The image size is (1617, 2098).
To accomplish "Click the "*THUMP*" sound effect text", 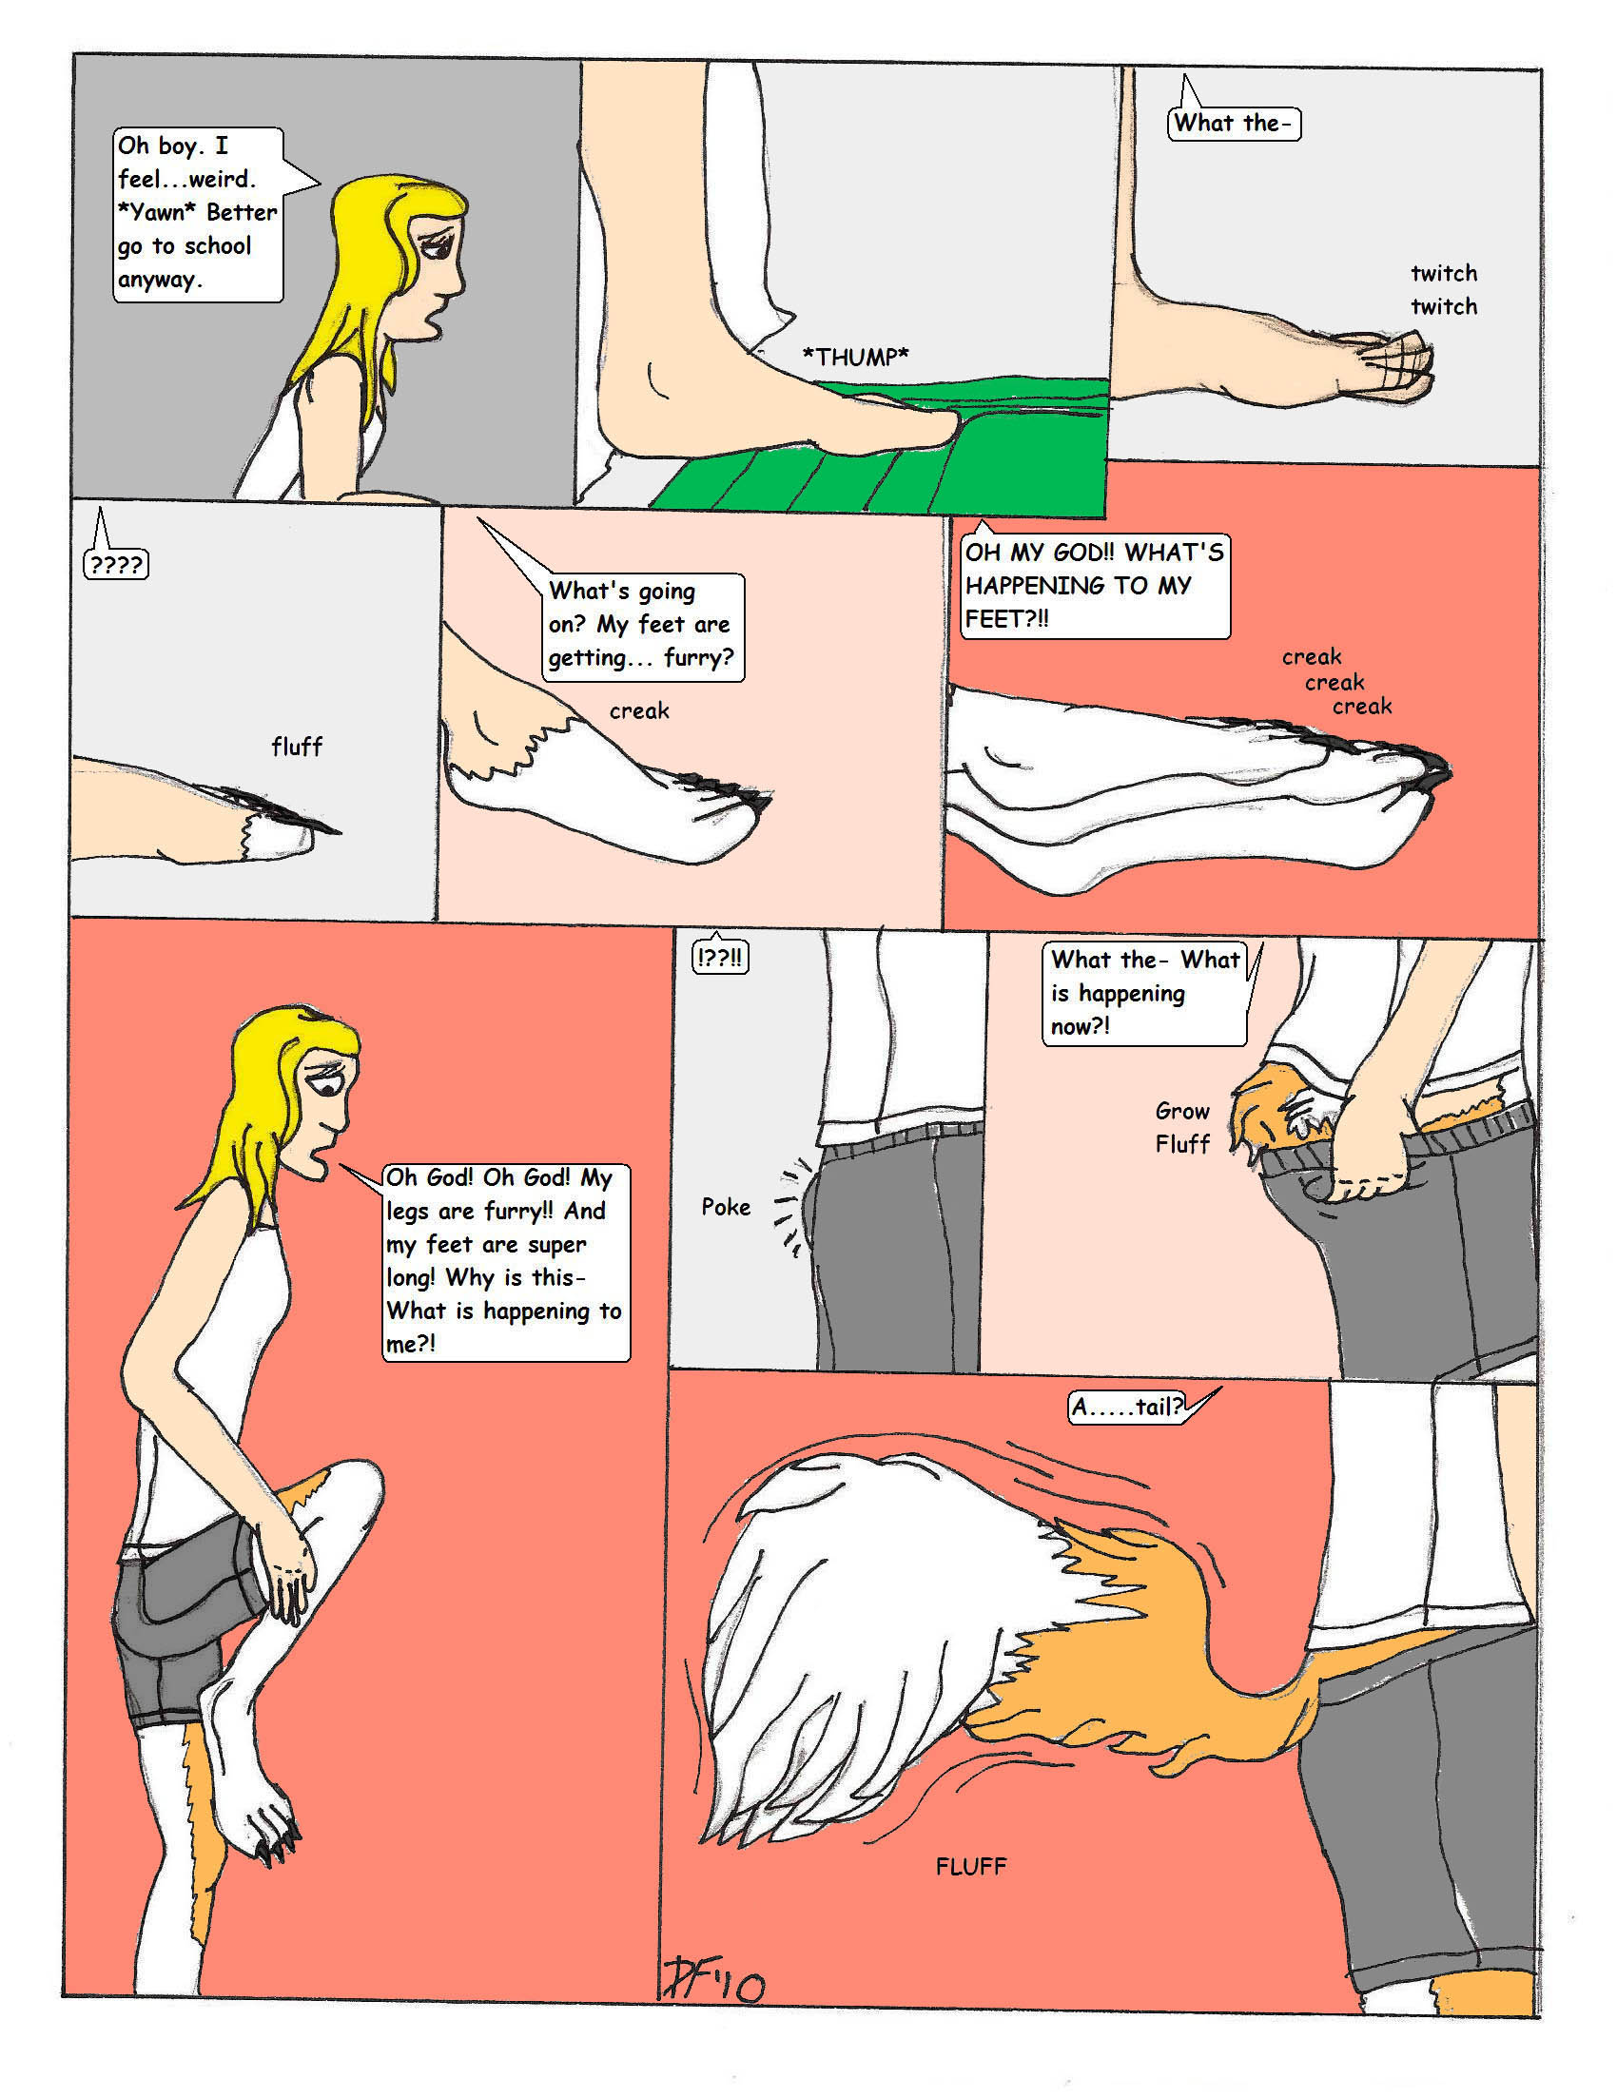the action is [856, 358].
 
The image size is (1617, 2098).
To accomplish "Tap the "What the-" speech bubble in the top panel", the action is [1234, 123].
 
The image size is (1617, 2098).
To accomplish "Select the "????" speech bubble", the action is [116, 563].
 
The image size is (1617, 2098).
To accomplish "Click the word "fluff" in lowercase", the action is [297, 747].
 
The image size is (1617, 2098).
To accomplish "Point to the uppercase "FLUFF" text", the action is [971, 1867].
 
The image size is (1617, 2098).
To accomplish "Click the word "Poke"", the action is [726, 1207].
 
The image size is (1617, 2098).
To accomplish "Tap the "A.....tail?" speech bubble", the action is [1127, 1407].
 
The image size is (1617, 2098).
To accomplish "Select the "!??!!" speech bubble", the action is [721, 958].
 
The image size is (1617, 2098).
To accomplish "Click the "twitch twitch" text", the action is [1444, 290].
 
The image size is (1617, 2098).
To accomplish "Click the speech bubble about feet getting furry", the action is [643, 627].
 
